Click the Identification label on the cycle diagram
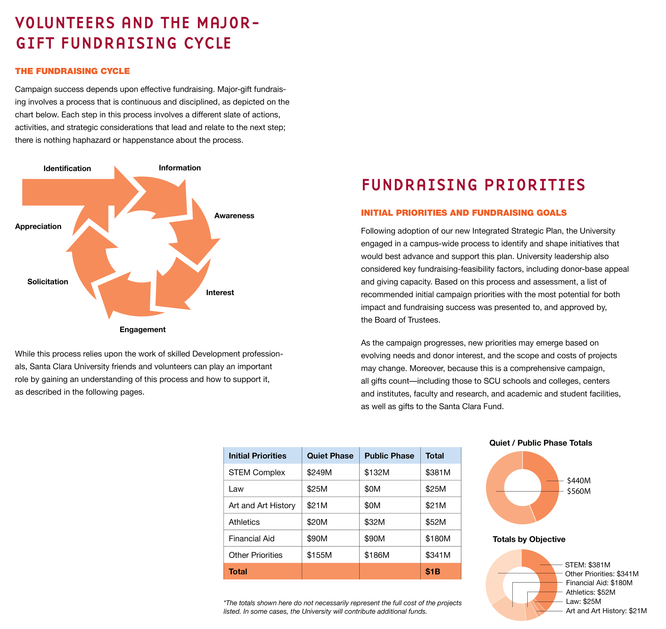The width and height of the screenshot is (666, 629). [67, 169]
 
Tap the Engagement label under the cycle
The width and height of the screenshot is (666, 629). [143, 330]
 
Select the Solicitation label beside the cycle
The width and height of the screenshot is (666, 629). [48, 282]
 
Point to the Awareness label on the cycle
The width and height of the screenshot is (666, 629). [234, 216]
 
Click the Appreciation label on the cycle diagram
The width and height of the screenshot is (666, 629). [38, 226]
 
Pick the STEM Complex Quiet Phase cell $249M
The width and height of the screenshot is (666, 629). [319, 472]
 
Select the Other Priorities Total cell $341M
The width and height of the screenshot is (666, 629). [438, 555]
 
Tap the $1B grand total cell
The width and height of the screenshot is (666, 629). [433, 572]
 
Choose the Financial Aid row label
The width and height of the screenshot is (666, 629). [251, 538]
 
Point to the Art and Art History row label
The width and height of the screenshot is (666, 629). [262, 505]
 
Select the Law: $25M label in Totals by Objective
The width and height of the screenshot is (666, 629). [583, 602]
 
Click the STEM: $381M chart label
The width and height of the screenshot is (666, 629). [587, 565]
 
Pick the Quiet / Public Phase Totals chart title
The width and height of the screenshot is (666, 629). [541, 443]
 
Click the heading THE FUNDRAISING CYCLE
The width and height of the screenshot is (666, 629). [72, 71]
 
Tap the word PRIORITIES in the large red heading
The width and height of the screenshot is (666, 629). [535, 185]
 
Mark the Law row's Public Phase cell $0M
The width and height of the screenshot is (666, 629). [372, 489]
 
